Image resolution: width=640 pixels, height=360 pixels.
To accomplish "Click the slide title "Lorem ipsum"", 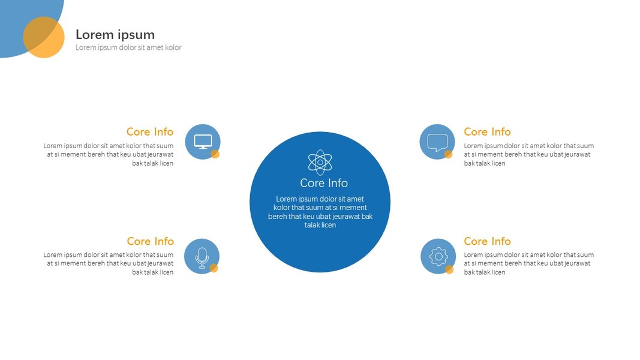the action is [x=115, y=35].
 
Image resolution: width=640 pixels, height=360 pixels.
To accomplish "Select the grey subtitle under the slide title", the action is [x=128, y=47].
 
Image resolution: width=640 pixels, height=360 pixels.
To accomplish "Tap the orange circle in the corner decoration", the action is [x=44, y=37].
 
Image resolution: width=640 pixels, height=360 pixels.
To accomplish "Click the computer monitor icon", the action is [x=203, y=141].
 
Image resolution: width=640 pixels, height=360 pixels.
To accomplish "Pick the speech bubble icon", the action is [x=437, y=142].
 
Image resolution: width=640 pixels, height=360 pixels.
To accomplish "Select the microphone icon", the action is [x=202, y=257].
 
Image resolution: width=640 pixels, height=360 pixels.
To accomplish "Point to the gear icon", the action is [x=438, y=256].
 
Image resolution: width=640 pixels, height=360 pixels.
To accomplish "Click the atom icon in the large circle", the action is [x=320, y=162].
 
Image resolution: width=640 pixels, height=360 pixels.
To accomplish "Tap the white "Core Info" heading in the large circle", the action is [x=324, y=183].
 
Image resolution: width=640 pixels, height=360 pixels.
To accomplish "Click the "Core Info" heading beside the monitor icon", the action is [x=150, y=132].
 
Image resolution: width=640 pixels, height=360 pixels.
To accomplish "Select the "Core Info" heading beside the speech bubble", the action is [x=487, y=132].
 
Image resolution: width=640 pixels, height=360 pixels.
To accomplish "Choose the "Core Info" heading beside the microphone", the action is [x=150, y=241].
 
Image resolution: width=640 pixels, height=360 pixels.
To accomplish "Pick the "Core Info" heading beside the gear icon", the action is [x=487, y=241].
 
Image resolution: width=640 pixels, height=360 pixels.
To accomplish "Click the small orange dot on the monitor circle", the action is [x=215, y=154].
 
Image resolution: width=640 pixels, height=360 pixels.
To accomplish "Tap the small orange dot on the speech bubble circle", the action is [x=448, y=154].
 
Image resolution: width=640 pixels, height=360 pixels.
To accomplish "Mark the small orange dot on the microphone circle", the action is [x=214, y=268].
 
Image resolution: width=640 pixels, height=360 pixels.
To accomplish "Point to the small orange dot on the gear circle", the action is [x=449, y=269].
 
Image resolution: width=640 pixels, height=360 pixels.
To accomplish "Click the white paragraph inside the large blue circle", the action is [x=320, y=212].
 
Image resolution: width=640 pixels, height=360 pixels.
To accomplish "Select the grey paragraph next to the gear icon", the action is [x=528, y=263].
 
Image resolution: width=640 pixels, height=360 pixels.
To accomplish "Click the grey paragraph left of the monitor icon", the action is [x=109, y=154].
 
